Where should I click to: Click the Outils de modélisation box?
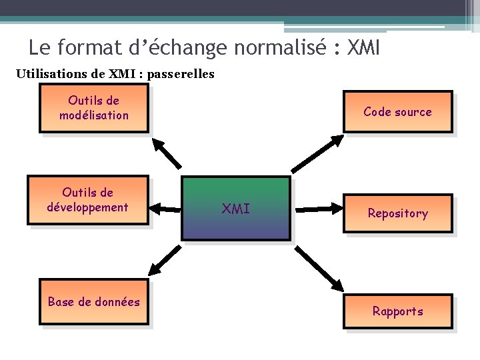tap(94, 108)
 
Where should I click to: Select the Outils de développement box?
tap(87, 201)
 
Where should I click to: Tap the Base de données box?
tap(94, 302)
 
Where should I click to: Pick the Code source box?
tap(397, 112)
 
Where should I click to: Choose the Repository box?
tap(397, 213)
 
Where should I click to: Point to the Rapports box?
tap(397, 311)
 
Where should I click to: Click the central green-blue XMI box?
tap(237, 209)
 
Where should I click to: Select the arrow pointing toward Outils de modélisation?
tap(167, 153)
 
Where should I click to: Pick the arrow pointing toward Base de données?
tap(167, 261)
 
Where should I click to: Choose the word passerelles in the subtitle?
tap(181, 74)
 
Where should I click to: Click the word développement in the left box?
tap(87, 207)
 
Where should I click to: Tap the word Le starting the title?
tap(39, 48)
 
